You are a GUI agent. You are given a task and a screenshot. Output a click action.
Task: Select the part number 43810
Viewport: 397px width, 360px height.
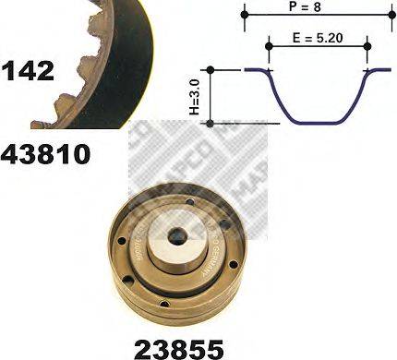(45, 153)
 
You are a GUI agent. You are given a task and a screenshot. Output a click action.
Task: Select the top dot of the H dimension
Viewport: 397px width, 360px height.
(211, 70)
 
